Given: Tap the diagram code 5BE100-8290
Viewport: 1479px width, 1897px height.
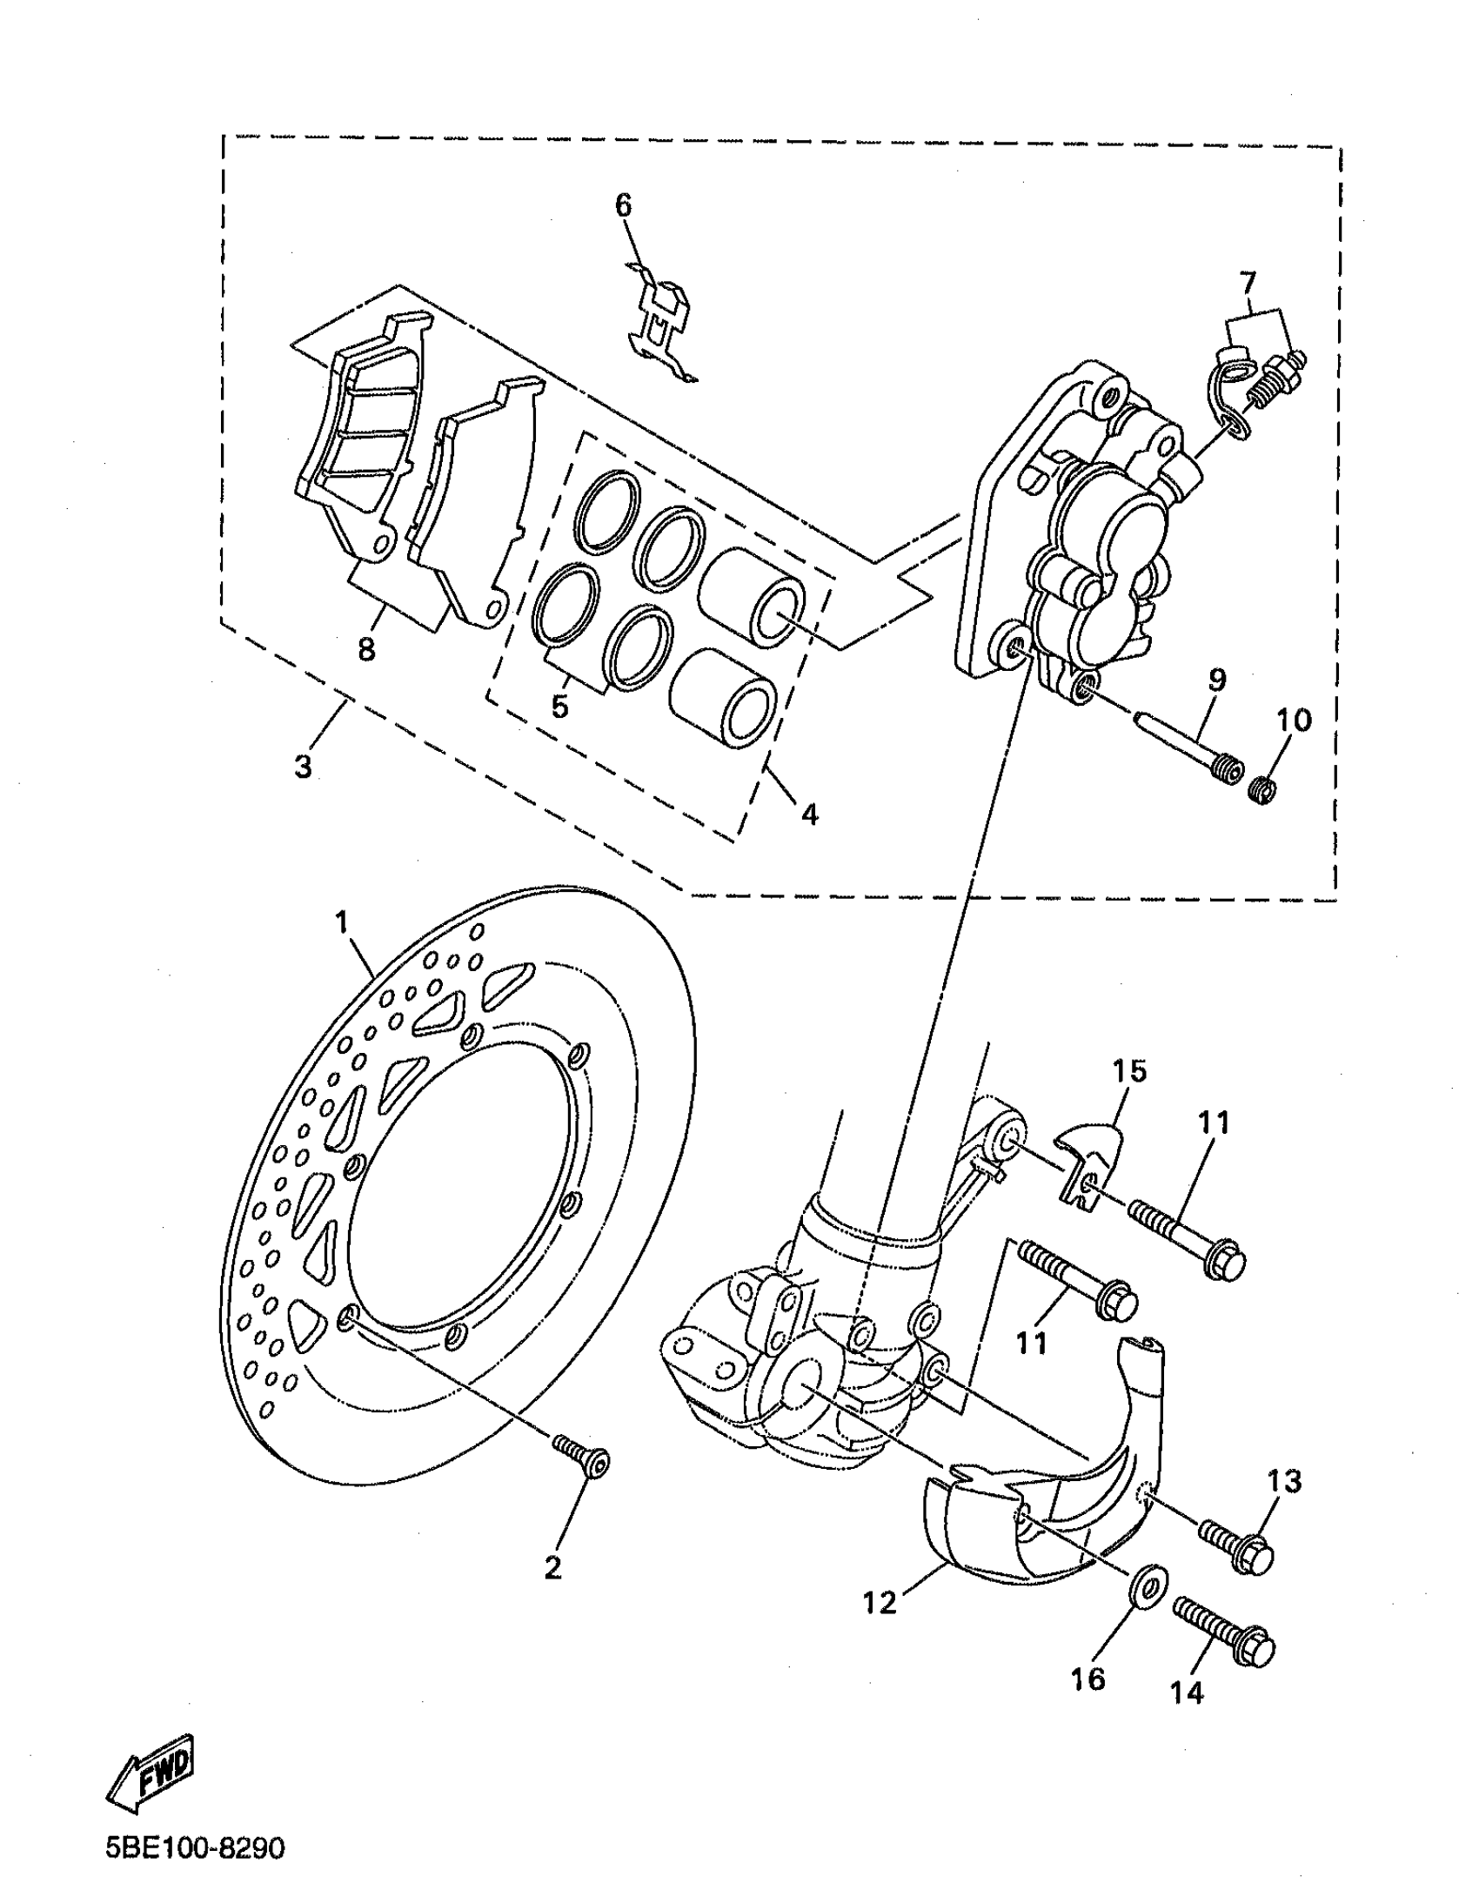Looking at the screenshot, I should [x=195, y=1847].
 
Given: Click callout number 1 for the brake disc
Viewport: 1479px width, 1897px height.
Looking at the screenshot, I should [x=342, y=922].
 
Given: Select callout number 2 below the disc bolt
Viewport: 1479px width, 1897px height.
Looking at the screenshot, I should [x=552, y=1566].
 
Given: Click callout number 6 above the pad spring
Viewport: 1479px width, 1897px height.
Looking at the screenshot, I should [x=623, y=206].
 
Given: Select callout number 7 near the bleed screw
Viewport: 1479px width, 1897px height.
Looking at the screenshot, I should [x=1248, y=283].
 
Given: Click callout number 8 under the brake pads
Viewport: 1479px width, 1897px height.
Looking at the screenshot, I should [x=366, y=648].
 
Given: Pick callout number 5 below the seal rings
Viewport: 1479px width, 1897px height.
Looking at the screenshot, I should [x=559, y=707].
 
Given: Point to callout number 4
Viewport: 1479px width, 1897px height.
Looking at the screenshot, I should [x=809, y=814].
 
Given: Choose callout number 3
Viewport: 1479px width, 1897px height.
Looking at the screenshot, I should [x=303, y=768].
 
